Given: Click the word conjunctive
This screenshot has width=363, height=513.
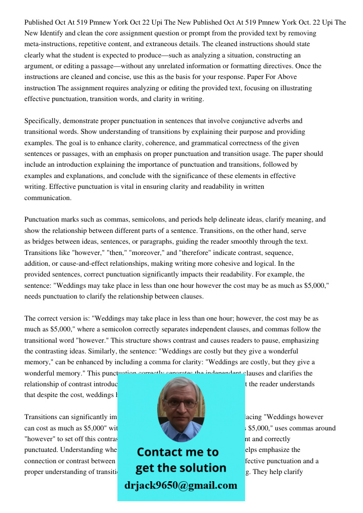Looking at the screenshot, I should [x=236, y=121].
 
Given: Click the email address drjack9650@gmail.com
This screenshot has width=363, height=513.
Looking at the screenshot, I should [x=180, y=485].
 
